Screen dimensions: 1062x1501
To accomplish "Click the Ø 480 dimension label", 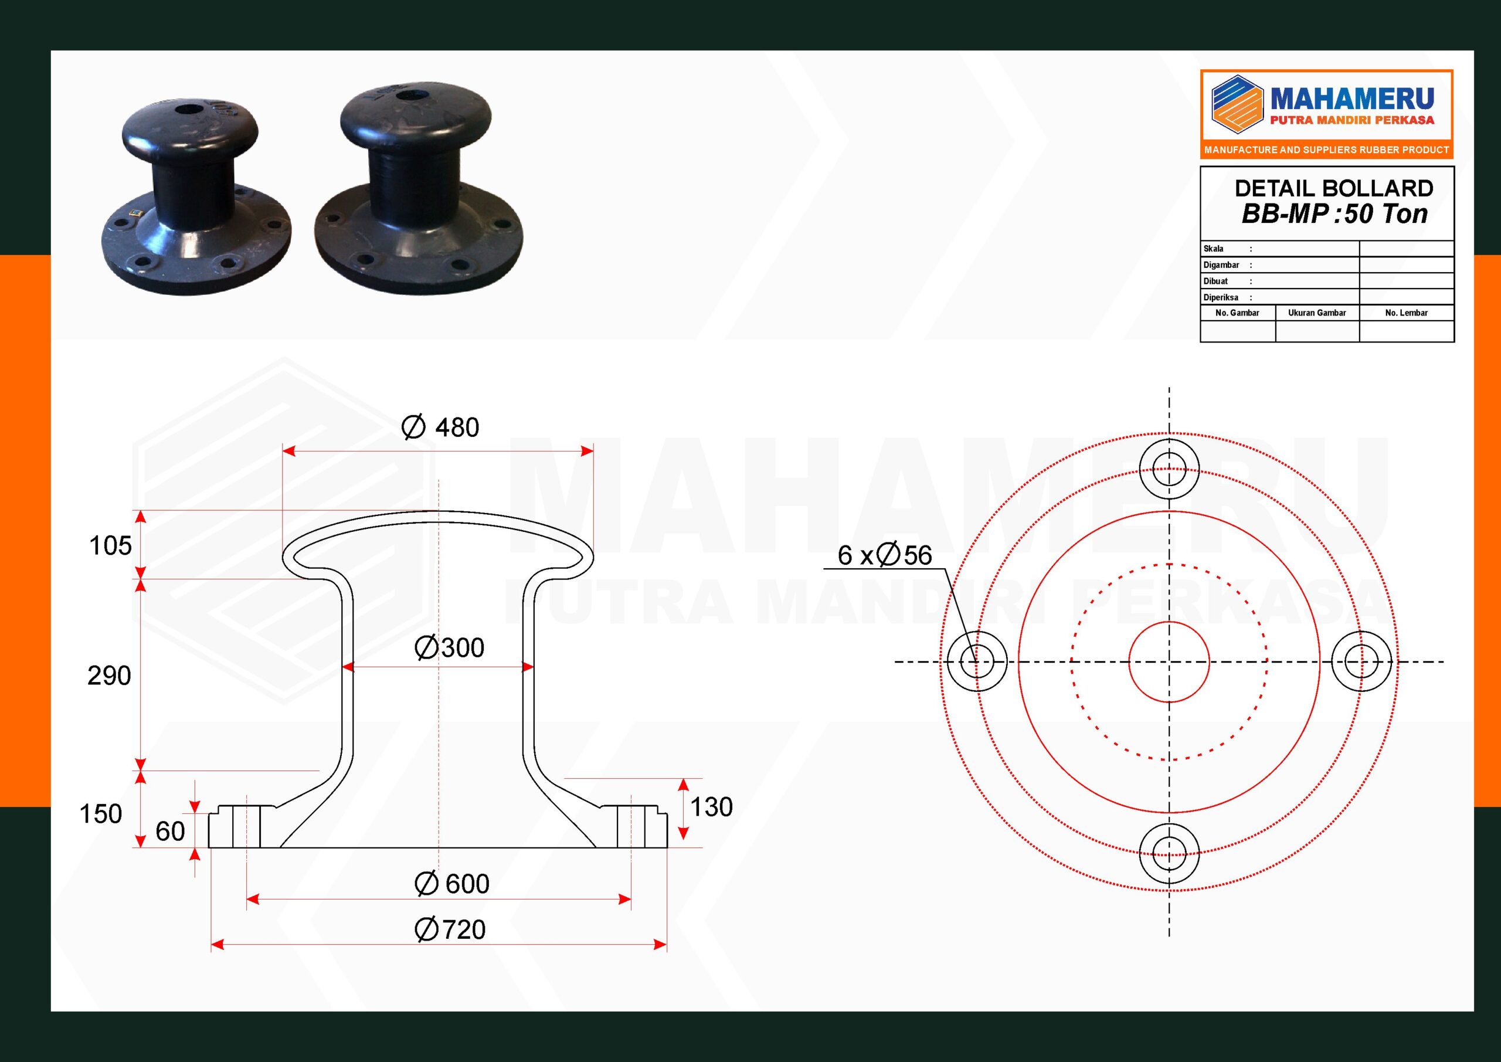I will (x=440, y=427).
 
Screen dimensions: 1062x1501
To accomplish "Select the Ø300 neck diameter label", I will (x=450, y=648).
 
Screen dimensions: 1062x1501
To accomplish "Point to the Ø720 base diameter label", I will (x=450, y=930).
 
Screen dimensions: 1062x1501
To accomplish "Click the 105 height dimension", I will (x=110, y=546).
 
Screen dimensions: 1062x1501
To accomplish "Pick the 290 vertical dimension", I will (x=109, y=676).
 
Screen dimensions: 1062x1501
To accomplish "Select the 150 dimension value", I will (x=101, y=814).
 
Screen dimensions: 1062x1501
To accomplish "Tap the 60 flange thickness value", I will (x=170, y=832).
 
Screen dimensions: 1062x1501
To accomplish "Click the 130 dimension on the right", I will (x=711, y=807).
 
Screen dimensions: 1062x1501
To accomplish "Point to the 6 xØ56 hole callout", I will (x=885, y=556).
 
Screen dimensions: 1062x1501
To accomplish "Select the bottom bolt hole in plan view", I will (x=1169, y=853).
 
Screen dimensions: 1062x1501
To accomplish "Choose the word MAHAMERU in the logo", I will (x=1351, y=100).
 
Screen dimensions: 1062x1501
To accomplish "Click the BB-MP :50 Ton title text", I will (x=1334, y=215).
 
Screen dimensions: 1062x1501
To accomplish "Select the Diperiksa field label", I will (x=1221, y=297).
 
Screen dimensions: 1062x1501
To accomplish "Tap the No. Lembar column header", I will (x=1406, y=313).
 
